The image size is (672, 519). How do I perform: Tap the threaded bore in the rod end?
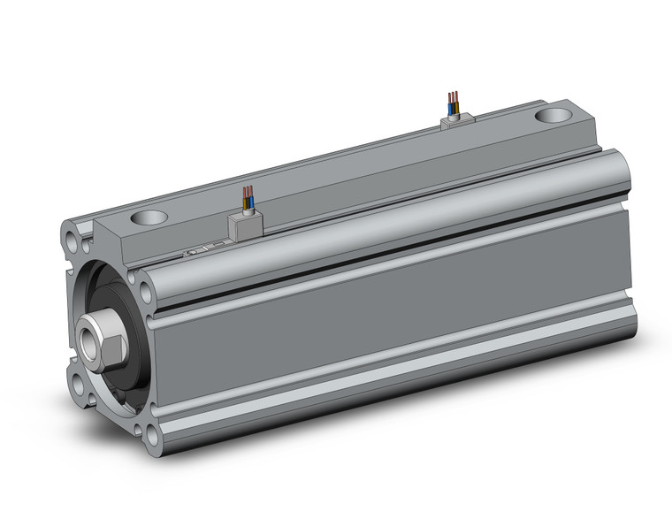(89, 340)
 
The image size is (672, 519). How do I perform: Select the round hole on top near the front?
(148, 217)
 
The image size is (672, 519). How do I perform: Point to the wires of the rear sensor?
(453, 99)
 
